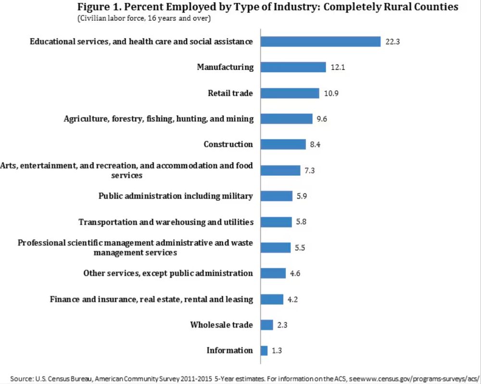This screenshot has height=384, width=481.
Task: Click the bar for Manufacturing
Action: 293,67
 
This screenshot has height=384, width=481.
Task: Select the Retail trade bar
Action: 290,93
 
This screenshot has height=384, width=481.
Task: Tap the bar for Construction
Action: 283,144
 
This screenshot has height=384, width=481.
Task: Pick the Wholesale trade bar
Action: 266,325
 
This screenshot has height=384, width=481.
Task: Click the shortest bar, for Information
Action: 264,350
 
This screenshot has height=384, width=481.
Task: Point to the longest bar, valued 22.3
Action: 320,41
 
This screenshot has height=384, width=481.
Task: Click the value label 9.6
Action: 322,119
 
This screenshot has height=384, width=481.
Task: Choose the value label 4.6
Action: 295,273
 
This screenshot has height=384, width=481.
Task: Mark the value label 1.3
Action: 277,350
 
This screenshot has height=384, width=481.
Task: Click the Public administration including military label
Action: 176,196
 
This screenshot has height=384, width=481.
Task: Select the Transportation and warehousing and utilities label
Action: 166,222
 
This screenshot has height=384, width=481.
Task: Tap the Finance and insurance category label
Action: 152,299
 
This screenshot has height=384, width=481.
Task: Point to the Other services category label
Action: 168,273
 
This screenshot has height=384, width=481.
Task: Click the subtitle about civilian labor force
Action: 143,18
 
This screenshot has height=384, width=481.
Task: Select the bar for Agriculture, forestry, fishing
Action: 286,119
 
